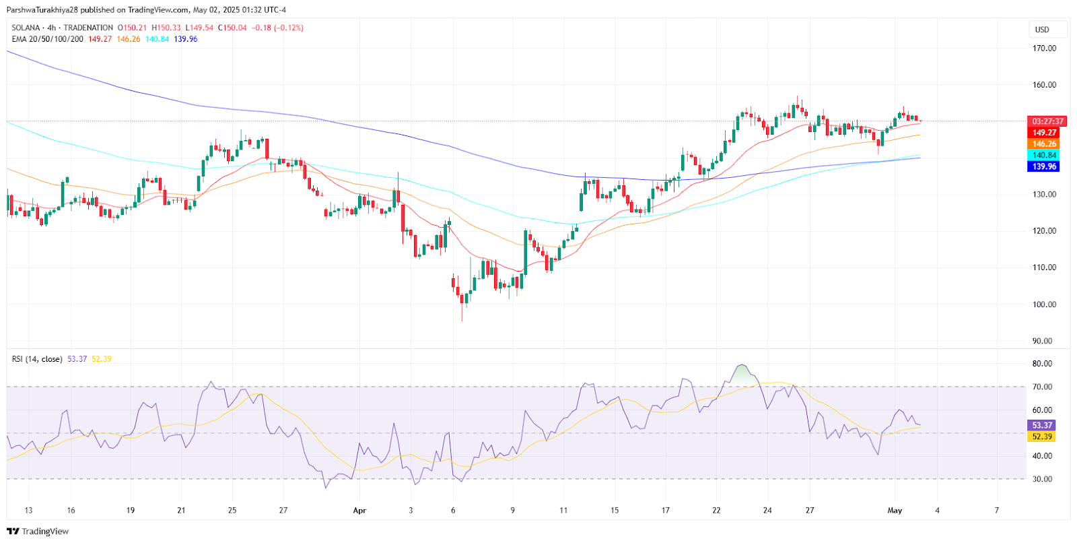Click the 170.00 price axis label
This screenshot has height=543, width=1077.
click(x=1044, y=49)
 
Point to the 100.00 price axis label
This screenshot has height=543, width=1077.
click(x=1044, y=305)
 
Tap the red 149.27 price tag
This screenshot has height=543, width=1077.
click(x=1044, y=133)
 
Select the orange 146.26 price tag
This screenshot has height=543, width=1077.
click(x=1044, y=144)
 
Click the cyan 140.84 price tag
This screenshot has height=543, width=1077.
click(x=1044, y=155)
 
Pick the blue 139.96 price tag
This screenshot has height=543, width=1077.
click(x=1044, y=166)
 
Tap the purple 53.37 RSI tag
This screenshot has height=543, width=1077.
click(x=1041, y=425)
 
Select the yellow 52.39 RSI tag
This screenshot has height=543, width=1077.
click(x=1041, y=437)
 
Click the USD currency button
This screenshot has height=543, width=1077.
click(x=1042, y=30)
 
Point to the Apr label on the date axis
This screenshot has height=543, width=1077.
click(x=359, y=511)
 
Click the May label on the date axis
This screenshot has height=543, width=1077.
click(x=895, y=511)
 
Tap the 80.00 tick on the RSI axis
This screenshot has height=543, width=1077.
click(x=1042, y=364)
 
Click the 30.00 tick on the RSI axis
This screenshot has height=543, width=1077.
click(x=1042, y=480)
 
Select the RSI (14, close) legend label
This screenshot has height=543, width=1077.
click(x=37, y=359)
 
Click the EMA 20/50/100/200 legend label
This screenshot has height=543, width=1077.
click(x=48, y=39)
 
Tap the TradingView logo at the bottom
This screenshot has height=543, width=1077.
click(x=38, y=532)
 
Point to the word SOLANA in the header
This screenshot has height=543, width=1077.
click(x=26, y=28)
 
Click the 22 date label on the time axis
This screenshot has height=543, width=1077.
click(x=716, y=511)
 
